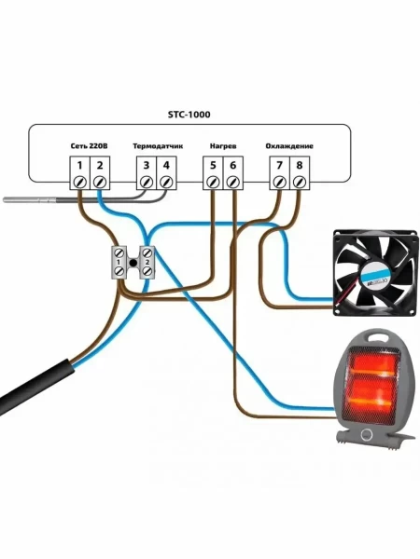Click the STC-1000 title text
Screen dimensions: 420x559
189,115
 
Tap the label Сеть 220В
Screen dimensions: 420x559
89,146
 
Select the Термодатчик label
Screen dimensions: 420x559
158,146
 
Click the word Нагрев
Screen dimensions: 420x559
223,146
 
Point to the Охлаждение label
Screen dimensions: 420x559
289,146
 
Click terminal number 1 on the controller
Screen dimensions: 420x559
79,166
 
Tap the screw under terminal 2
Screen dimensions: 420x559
100,183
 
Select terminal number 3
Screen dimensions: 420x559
147,166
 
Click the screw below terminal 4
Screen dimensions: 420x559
166,183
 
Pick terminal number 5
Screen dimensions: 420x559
213,166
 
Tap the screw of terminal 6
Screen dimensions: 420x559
232,183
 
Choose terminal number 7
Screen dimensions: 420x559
279,166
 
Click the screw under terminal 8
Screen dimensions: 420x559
300,183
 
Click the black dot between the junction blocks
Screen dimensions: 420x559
133,263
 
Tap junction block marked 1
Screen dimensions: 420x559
119,263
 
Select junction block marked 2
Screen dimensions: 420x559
147,263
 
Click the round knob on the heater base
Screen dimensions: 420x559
366,434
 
